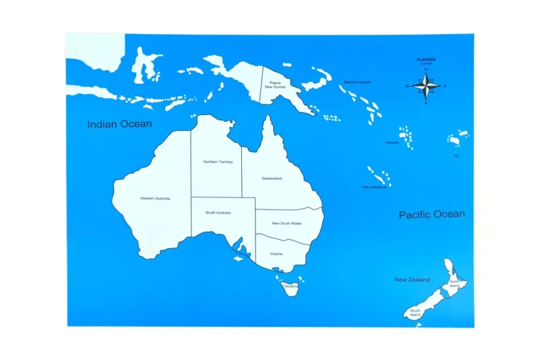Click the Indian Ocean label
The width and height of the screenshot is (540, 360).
point(120,123)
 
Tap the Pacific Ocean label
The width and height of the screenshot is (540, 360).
point(431,214)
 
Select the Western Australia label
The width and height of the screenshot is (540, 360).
point(155,198)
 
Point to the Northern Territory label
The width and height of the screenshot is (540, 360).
point(218,161)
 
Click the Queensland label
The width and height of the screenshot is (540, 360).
point(271,178)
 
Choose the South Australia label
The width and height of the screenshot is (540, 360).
point(219,212)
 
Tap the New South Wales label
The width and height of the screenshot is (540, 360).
point(287,223)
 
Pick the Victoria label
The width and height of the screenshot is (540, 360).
point(276,254)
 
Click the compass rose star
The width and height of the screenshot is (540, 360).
point(426,86)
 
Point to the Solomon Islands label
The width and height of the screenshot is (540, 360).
point(358,82)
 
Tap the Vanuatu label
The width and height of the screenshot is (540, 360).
point(392,142)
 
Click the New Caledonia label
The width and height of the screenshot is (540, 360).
point(374,187)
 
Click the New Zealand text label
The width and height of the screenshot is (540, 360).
point(412,280)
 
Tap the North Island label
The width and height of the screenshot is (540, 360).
point(454,284)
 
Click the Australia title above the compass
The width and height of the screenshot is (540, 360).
point(426,59)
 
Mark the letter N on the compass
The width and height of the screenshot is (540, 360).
point(426,69)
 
